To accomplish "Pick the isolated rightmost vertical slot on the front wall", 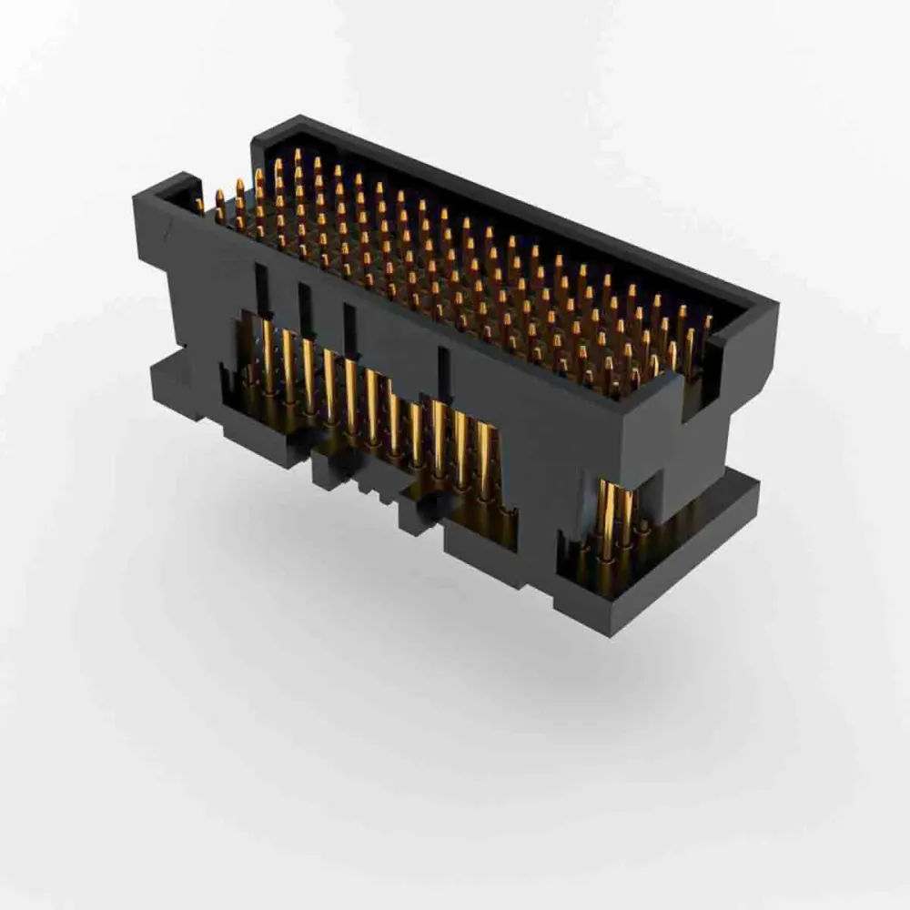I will point(444,369).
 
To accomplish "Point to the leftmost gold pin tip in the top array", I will point(199,204).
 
